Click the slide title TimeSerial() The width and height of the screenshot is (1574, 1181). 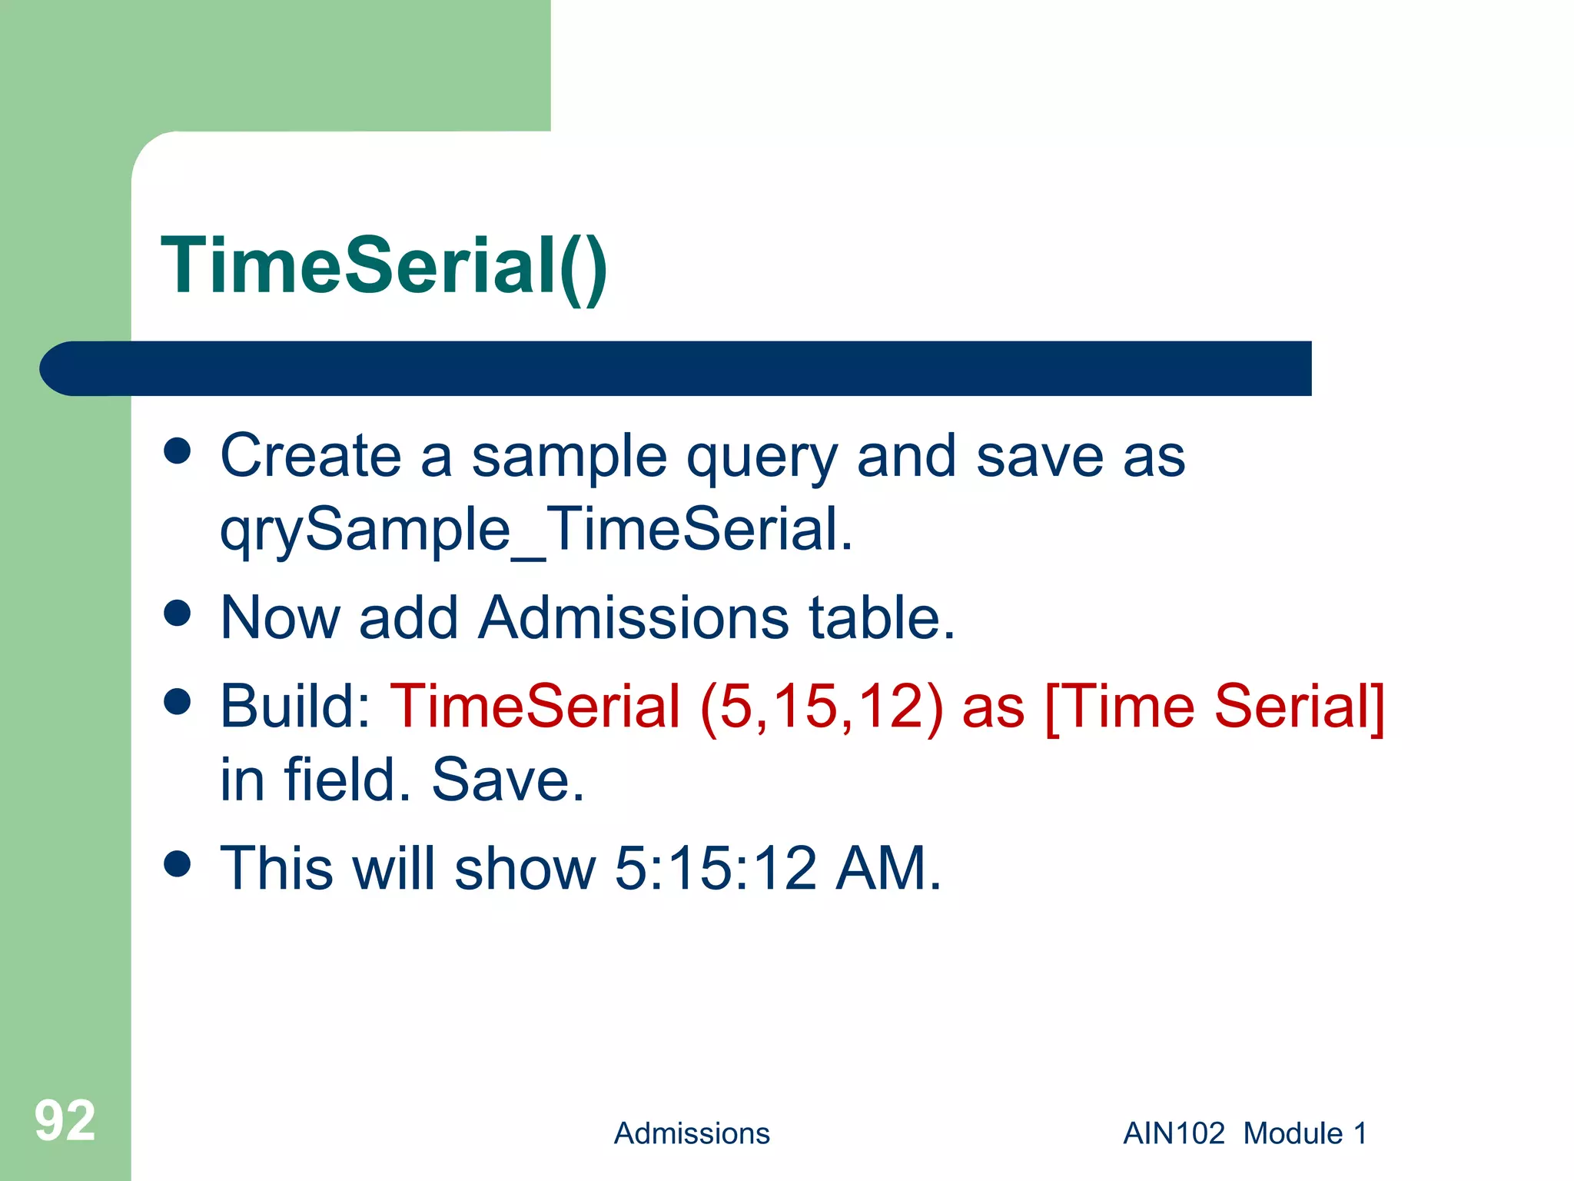tap(384, 266)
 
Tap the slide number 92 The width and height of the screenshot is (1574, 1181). tap(65, 1121)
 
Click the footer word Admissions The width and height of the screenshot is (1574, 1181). tap(691, 1133)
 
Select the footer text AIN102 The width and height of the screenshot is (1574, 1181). tap(1174, 1133)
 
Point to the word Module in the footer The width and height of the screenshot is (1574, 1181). tap(1293, 1133)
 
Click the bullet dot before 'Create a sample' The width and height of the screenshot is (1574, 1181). tap(178, 451)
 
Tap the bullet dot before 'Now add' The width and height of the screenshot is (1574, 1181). tap(178, 614)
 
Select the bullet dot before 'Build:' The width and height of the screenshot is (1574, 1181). tap(178, 701)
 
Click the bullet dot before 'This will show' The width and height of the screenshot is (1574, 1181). tap(178, 863)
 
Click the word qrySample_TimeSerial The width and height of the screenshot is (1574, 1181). tap(536, 531)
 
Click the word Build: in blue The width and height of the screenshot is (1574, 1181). tap(296, 706)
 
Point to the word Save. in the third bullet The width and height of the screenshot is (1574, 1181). tap(508, 780)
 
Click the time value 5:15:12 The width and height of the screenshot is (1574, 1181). tap(716, 868)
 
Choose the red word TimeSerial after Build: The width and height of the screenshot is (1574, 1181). tap(535, 706)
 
